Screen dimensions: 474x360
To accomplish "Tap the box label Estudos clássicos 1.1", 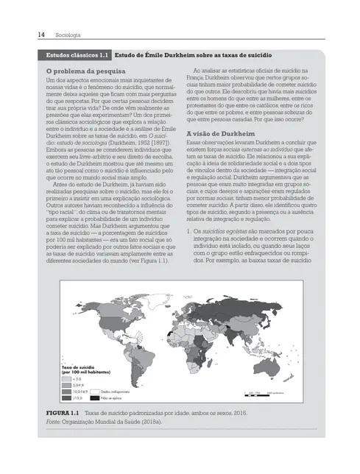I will pos(78,55).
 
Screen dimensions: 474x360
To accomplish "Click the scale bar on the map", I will pos(265,396).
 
